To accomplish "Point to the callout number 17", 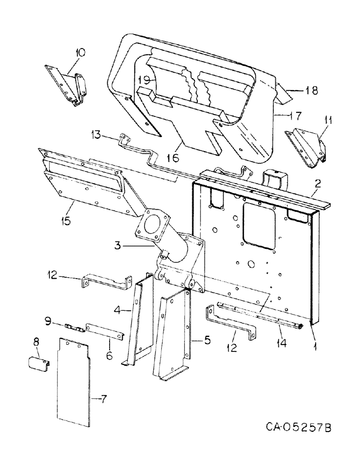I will (295, 114).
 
